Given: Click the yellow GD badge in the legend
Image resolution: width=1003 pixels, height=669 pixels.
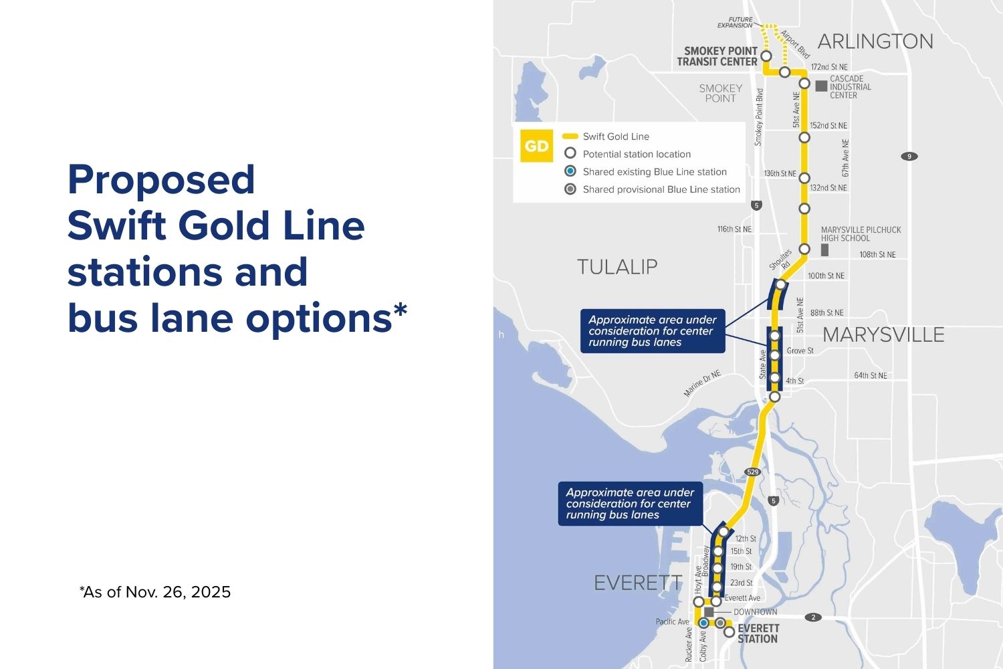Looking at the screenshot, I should tap(536, 146).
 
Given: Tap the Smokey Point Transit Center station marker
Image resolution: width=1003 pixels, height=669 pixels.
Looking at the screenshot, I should tap(766, 56).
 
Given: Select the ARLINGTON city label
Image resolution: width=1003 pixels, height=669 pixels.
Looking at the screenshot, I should tap(875, 41).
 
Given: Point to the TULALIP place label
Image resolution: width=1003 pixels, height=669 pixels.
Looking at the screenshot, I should tap(617, 267).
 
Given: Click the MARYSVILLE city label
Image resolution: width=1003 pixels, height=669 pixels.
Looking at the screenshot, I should tap(883, 334).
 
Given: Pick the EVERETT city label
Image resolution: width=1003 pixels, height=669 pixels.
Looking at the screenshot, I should tap(638, 583).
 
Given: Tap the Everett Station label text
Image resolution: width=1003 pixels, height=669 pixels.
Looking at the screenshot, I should tap(758, 634).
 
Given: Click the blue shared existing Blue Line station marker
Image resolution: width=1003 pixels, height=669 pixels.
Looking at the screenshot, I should tap(703, 623).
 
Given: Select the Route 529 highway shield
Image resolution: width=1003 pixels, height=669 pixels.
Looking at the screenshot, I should tap(752, 472).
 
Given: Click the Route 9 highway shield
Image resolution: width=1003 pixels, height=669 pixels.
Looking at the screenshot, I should tap(909, 157).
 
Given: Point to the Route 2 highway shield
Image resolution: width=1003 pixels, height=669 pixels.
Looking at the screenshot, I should tap(813, 617).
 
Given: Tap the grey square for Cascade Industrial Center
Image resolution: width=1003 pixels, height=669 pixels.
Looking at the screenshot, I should tap(821, 86).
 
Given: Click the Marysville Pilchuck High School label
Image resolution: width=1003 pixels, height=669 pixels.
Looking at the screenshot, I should tap(861, 233).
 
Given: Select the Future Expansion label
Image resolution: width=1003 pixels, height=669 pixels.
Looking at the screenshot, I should tap(735, 23).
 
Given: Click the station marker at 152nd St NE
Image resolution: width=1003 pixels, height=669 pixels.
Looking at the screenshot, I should tap(804, 137).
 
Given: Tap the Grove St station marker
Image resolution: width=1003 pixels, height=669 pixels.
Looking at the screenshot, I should tap(775, 355).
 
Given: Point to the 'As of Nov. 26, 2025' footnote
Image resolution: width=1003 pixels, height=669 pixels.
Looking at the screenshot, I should tap(155, 592).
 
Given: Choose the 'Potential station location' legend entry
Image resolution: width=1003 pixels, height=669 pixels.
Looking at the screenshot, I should tap(636, 154).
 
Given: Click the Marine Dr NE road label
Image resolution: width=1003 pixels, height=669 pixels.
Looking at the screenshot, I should tap(702, 384).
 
